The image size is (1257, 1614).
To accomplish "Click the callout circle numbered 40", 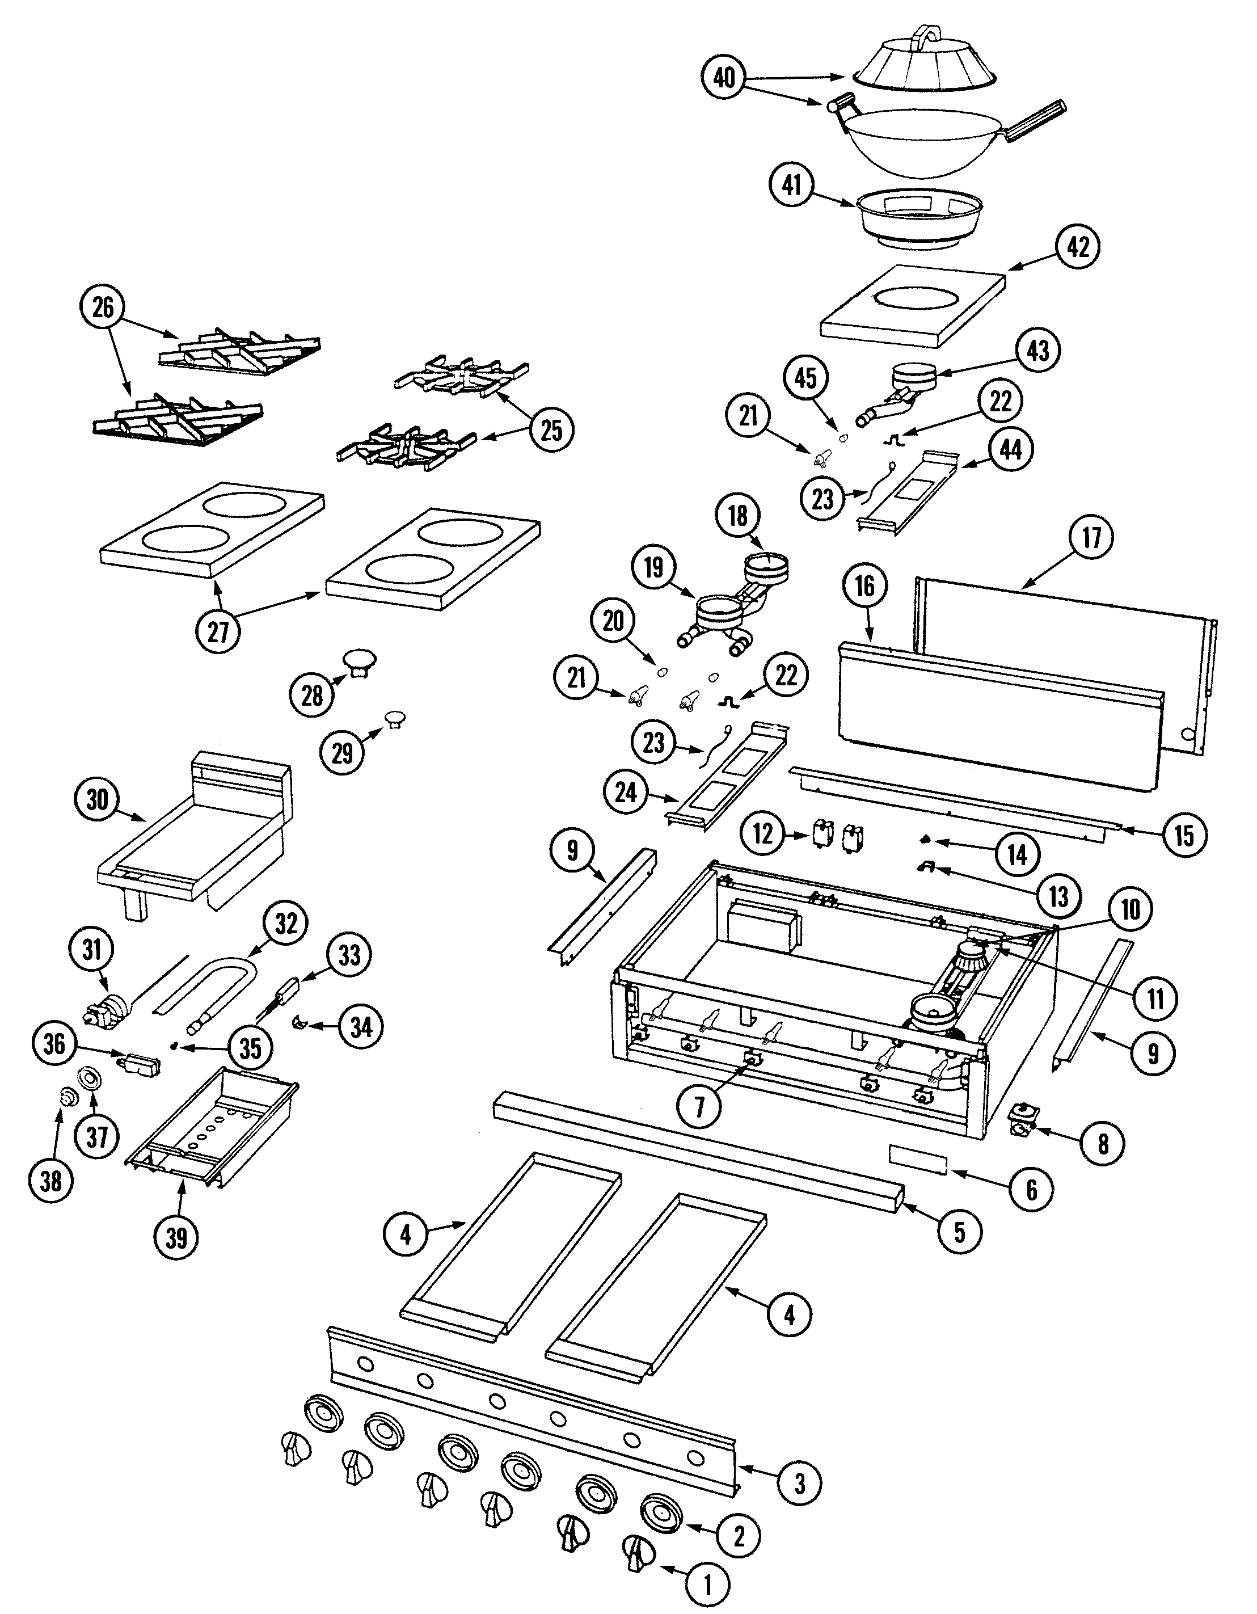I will [724, 77].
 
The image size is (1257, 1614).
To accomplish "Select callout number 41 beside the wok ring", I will [791, 186].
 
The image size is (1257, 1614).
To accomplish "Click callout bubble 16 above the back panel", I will [864, 585].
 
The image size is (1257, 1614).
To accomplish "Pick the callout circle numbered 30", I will [97, 799].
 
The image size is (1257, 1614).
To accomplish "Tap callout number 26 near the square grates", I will [103, 307].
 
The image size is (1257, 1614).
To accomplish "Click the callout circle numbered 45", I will [805, 378].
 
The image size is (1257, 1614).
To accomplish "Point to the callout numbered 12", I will [762, 833].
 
